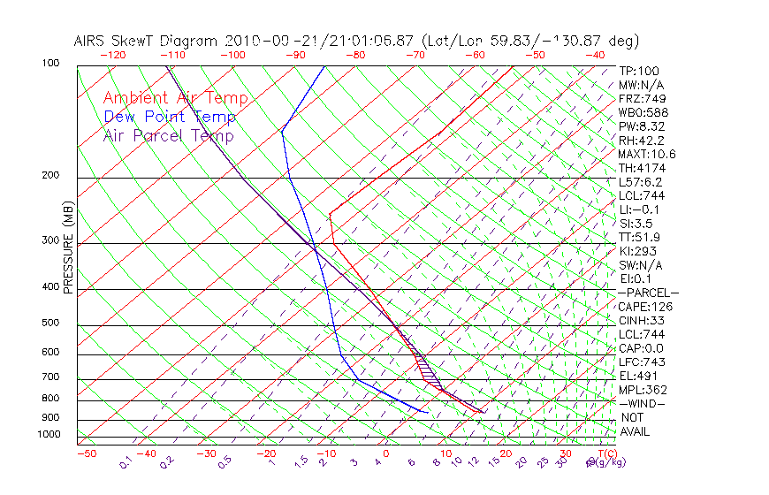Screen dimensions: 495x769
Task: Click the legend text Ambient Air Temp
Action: [x=175, y=98]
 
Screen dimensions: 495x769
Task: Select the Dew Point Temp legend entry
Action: [x=170, y=117]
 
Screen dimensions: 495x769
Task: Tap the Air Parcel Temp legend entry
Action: [x=168, y=135]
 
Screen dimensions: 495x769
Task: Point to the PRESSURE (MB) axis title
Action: [x=68, y=247]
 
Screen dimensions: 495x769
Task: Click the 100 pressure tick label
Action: [x=49, y=64]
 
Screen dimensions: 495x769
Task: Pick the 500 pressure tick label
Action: [x=50, y=324]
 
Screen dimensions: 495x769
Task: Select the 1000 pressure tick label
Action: [x=49, y=434]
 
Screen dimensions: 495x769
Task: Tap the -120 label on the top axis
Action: [x=112, y=54]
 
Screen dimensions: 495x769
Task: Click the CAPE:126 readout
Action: [x=642, y=307]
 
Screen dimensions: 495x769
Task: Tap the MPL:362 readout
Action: [x=642, y=390]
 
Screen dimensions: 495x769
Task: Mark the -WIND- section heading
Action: [x=642, y=403]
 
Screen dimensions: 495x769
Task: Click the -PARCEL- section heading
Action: [x=649, y=293]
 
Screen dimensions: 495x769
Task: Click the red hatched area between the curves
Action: [x=428, y=367]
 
